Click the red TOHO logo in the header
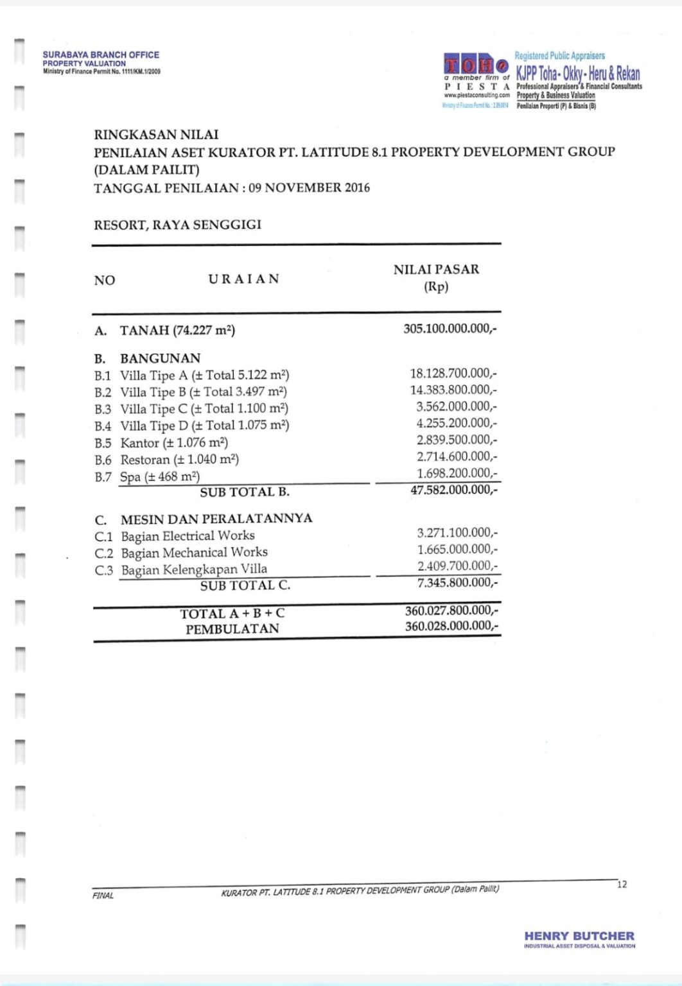476,65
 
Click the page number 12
622,885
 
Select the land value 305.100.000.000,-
450,329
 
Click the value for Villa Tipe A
453,374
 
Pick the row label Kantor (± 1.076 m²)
174,443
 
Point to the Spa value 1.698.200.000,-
457,474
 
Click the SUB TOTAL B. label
245,492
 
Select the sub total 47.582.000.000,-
453,490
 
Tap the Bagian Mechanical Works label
194,553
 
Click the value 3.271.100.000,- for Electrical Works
457,533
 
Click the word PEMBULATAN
232,629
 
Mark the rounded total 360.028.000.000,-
451,627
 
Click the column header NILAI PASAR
436,270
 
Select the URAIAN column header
243,279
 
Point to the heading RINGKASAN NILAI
156,135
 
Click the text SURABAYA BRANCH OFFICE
101,55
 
